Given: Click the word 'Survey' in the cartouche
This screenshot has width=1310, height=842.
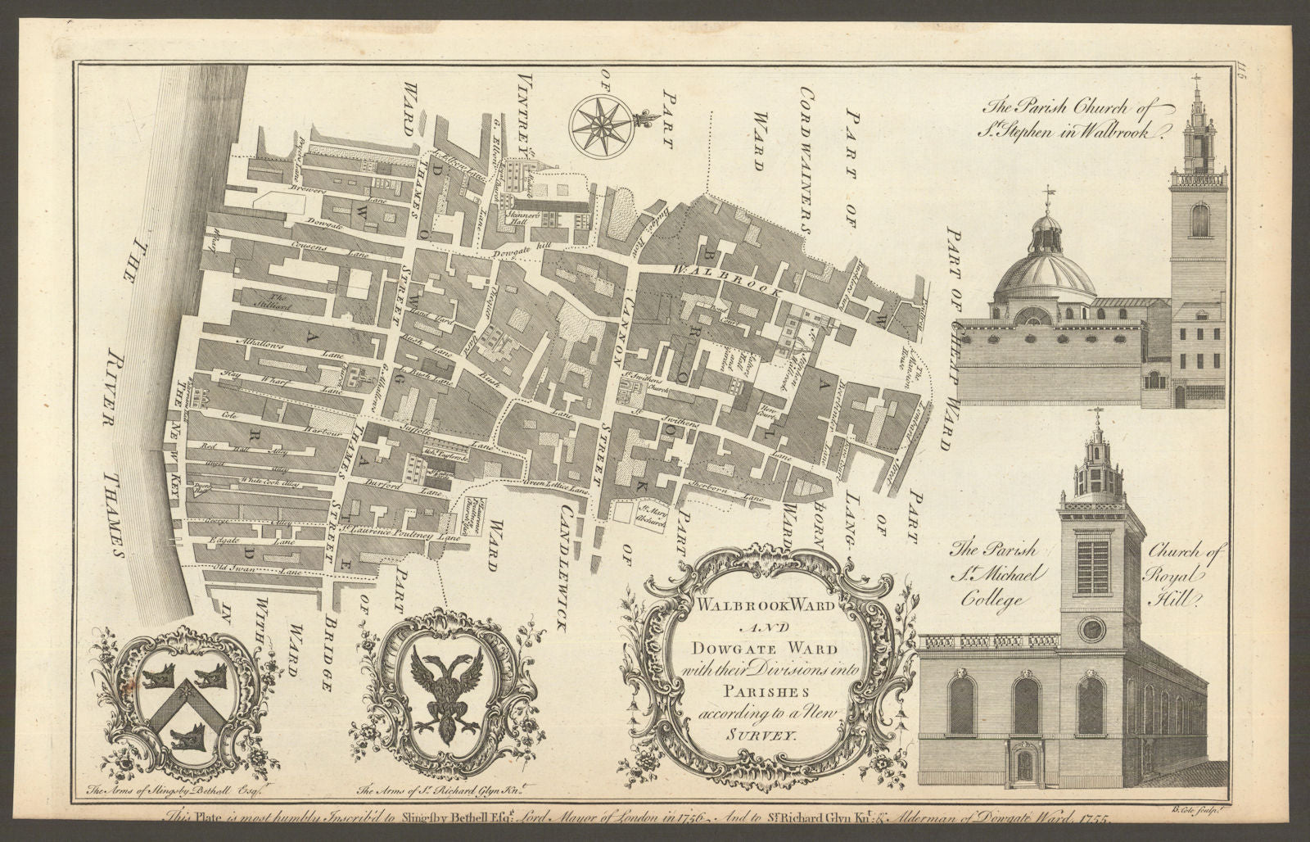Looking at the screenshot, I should click(746, 735).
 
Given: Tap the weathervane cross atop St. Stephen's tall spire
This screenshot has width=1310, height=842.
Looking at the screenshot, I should click(1198, 81).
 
